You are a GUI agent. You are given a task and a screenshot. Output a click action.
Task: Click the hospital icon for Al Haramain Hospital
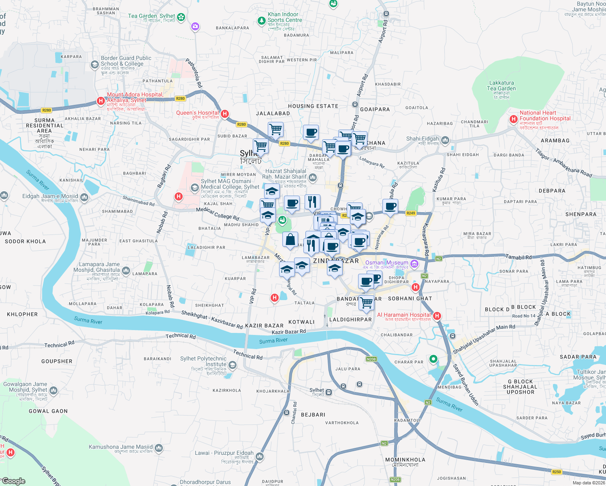(437, 315)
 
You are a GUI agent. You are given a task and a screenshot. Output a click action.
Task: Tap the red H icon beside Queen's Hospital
(225, 114)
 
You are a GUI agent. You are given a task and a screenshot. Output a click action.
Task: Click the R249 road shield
(411, 213)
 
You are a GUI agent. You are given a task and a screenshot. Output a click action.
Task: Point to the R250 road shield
(557, 472)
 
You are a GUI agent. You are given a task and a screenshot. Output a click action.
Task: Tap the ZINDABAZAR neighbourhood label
(336, 261)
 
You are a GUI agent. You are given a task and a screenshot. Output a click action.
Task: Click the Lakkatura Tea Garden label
(501, 85)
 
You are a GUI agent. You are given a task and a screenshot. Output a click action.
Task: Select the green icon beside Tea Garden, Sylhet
(181, 17)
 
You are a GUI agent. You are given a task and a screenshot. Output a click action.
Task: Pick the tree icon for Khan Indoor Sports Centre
(262, 20)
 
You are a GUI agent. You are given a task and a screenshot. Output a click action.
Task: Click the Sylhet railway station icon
(329, 392)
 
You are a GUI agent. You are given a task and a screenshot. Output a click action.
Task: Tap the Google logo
(14, 481)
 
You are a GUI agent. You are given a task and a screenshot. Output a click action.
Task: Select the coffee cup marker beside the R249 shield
(390, 207)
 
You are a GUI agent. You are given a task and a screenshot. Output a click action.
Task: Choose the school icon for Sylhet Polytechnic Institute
(233, 365)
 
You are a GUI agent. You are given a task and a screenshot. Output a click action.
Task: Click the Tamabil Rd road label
(519, 257)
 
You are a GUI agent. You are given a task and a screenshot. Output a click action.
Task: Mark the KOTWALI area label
(301, 322)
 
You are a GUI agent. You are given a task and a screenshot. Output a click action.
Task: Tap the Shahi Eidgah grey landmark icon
(445, 140)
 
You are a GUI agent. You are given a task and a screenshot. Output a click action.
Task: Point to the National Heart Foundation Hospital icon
(514, 119)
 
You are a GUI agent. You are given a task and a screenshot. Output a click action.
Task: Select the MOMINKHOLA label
(405, 460)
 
